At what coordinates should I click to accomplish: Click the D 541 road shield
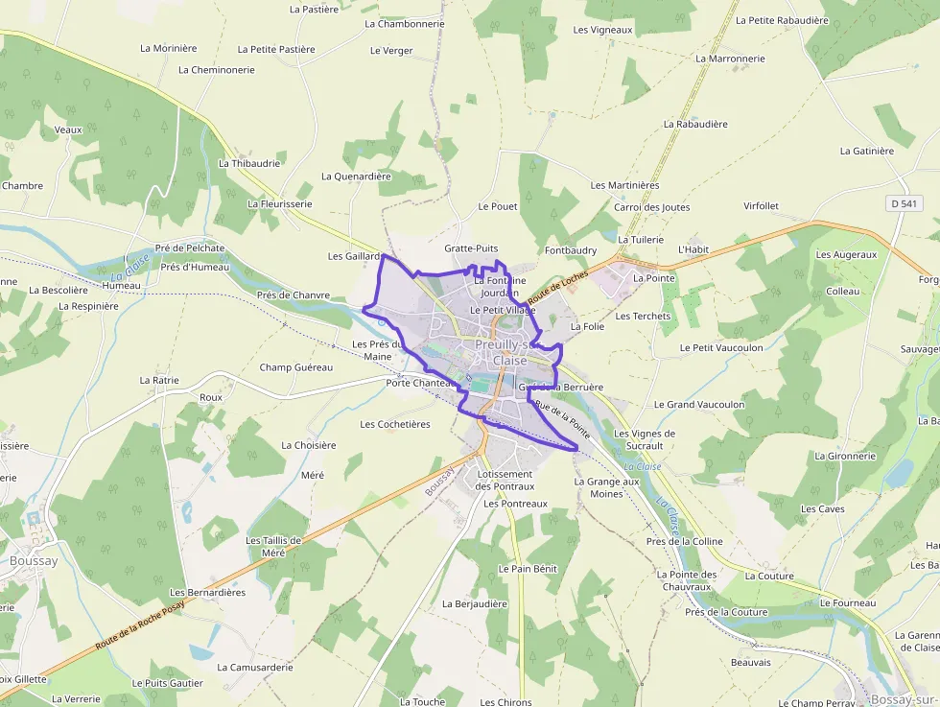point(904,203)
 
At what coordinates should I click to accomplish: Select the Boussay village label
point(34,561)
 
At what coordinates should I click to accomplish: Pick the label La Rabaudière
point(695,124)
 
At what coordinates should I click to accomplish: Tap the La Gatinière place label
point(866,151)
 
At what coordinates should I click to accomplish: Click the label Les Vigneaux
point(602,30)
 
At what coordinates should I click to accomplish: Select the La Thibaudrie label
point(249,163)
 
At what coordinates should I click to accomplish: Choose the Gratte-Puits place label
point(471,247)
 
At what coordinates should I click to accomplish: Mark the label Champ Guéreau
point(295,367)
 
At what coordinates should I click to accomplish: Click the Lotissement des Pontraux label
point(504,481)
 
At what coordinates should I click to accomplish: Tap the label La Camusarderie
point(254,667)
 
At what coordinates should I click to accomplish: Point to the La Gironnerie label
point(845,457)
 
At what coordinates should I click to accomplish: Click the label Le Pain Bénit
point(528,569)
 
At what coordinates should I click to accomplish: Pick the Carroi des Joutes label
point(651,207)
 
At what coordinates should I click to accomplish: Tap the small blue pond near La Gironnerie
point(899,473)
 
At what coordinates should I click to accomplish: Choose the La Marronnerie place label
point(730,59)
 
